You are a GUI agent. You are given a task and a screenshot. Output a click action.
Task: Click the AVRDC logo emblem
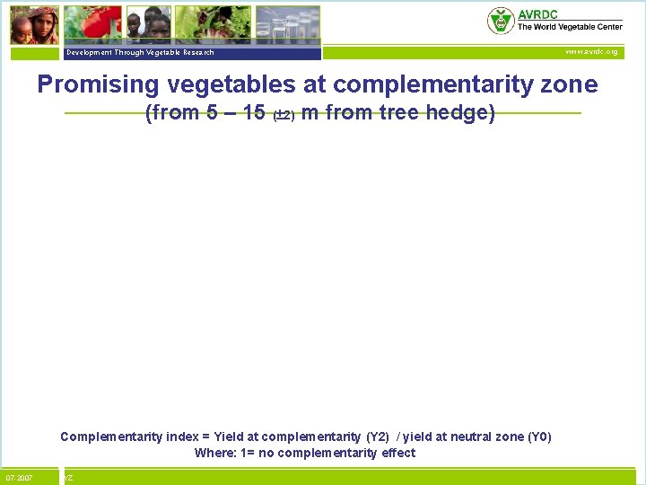(x=501, y=21)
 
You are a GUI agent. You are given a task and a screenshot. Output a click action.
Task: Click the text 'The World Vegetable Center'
(x=569, y=28)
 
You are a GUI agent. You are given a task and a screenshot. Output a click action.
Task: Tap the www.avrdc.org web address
(x=590, y=52)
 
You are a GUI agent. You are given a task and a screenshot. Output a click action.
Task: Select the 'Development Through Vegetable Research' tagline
(x=139, y=53)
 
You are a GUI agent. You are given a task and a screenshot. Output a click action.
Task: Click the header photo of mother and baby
(x=34, y=25)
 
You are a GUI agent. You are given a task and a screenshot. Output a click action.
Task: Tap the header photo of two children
(x=147, y=23)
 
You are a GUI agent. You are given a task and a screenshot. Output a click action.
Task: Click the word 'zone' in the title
(x=569, y=85)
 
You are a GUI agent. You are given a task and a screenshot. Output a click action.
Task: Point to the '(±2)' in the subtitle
(x=283, y=115)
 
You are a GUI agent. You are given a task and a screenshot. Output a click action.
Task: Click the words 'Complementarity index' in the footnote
(x=120, y=437)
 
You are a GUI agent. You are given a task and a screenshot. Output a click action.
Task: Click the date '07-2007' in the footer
(x=19, y=478)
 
